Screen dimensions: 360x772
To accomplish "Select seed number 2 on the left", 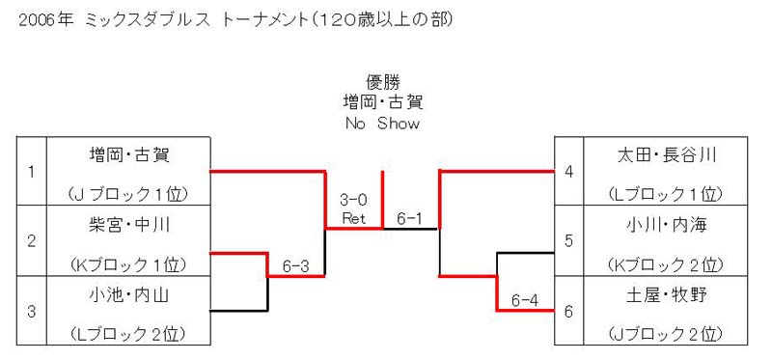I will click(x=32, y=241).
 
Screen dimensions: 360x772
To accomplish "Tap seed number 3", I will click(x=32, y=311).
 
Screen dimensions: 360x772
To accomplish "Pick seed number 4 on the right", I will click(x=569, y=172).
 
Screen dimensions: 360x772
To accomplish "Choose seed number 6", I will click(x=569, y=311).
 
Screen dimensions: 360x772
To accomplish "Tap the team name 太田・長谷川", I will click(x=666, y=154).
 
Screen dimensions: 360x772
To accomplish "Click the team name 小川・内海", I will click(x=666, y=225).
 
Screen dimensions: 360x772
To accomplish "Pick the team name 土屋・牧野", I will click(x=666, y=294).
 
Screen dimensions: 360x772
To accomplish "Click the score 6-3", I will click(x=295, y=263).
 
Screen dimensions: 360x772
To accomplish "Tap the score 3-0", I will click(x=353, y=201).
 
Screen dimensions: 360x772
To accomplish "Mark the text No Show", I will click(x=383, y=124).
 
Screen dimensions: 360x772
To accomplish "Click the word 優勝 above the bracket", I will click(x=383, y=81).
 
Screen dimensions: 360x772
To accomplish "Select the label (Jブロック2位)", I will click(x=666, y=334).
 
